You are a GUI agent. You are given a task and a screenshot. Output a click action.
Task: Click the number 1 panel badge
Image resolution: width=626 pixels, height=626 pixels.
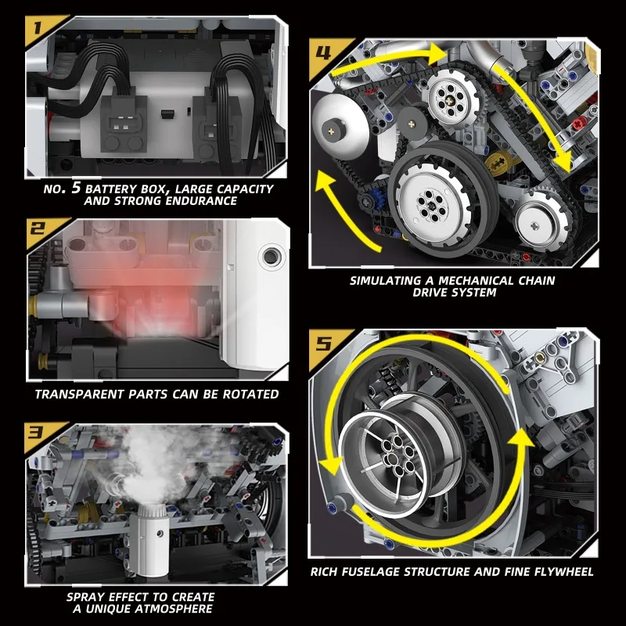pyautogui.click(x=38, y=31)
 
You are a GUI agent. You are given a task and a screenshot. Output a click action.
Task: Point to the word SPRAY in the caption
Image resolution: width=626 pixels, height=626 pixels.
pyautogui.click(x=86, y=596)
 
